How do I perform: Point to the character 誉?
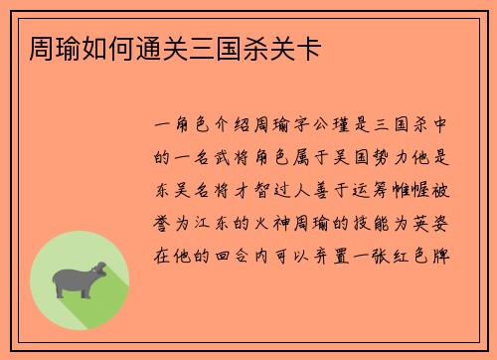coord(166,216)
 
